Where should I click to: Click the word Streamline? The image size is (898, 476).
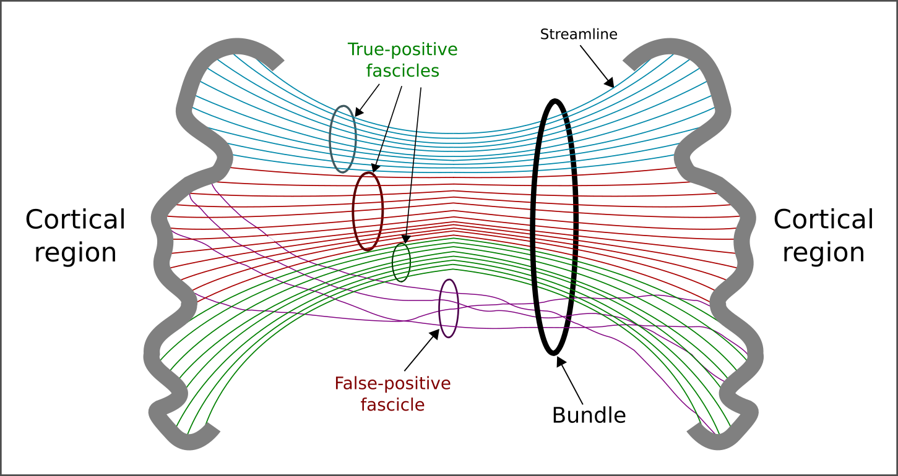[579, 34]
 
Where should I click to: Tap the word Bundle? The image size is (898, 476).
[589, 415]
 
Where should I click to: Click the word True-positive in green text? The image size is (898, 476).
[402, 49]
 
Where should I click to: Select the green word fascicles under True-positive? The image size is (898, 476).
[402, 71]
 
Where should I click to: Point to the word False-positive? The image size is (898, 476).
[392, 383]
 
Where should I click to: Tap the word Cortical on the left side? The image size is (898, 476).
[76, 219]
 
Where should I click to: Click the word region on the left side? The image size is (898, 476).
[76, 252]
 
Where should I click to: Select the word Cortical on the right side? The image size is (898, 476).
[823, 219]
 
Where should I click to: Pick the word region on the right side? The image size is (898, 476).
[823, 252]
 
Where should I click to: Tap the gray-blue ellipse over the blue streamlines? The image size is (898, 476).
[330, 139]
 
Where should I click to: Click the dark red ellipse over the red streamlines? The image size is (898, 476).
[353, 211]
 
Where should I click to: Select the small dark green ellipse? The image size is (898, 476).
[393, 262]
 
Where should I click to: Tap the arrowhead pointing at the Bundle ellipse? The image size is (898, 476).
[560, 362]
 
